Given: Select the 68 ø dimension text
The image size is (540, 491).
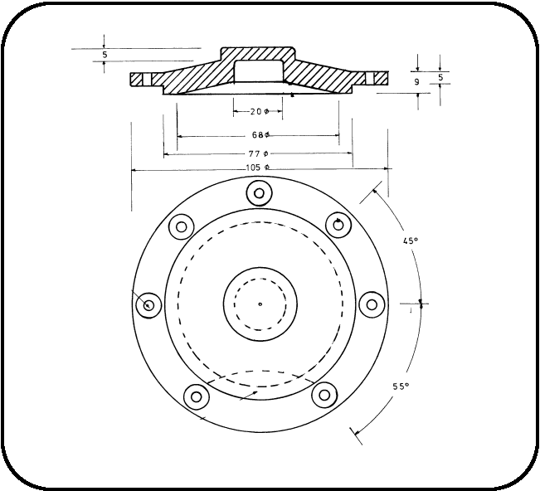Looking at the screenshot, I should pos(259,134).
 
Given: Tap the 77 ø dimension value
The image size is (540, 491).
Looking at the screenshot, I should pos(259,153).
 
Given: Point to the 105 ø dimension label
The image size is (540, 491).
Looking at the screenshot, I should pos(258,168).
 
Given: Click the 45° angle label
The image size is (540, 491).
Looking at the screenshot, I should pos(410,241).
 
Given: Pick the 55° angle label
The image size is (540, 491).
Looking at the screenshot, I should pos(401,387).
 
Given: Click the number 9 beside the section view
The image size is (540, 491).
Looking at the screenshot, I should pos(416,83).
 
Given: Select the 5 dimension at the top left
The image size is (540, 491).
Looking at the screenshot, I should pos(104,56).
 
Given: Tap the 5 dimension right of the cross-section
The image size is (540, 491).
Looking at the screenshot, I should pos(440,78).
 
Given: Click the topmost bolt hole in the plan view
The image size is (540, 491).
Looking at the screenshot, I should pos(260,193).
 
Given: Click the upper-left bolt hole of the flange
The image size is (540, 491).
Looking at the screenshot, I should pos(181,226).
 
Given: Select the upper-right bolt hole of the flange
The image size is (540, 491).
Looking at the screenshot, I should pos(338,224).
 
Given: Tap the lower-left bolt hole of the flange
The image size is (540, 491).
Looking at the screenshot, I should pos(196,396).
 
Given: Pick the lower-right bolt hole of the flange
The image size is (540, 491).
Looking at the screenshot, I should pos(324,395).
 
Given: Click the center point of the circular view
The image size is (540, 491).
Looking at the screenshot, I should pos(260,304).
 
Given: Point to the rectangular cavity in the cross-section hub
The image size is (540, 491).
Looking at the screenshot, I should pos(260,70).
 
